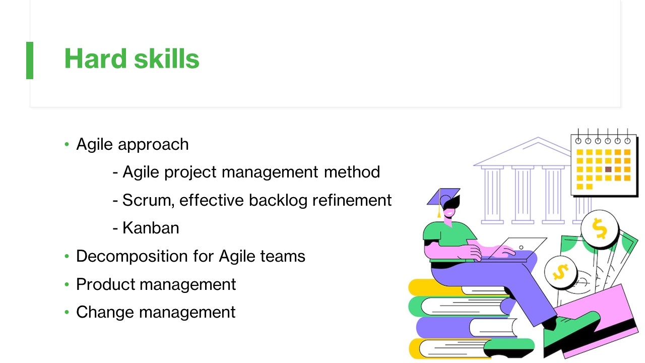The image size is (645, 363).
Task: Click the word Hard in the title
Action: [x=95, y=58]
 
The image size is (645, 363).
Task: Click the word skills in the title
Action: [x=167, y=58]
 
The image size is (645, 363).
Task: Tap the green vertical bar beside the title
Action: [x=30, y=60]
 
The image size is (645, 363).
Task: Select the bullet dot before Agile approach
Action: [x=67, y=144]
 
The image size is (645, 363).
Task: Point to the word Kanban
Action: [x=151, y=228]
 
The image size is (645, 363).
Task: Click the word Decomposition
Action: [x=132, y=257]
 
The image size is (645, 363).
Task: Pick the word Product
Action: [x=105, y=285]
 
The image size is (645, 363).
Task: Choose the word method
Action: [x=352, y=172]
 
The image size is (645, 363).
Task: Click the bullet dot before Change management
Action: [x=67, y=312]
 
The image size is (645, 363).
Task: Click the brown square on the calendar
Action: [x=608, y=169]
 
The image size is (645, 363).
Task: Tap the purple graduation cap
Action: [x=443, y=197]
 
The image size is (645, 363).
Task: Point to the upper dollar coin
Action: [x=600, y=229]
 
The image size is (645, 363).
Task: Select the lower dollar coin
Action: [x=560, y=272]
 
